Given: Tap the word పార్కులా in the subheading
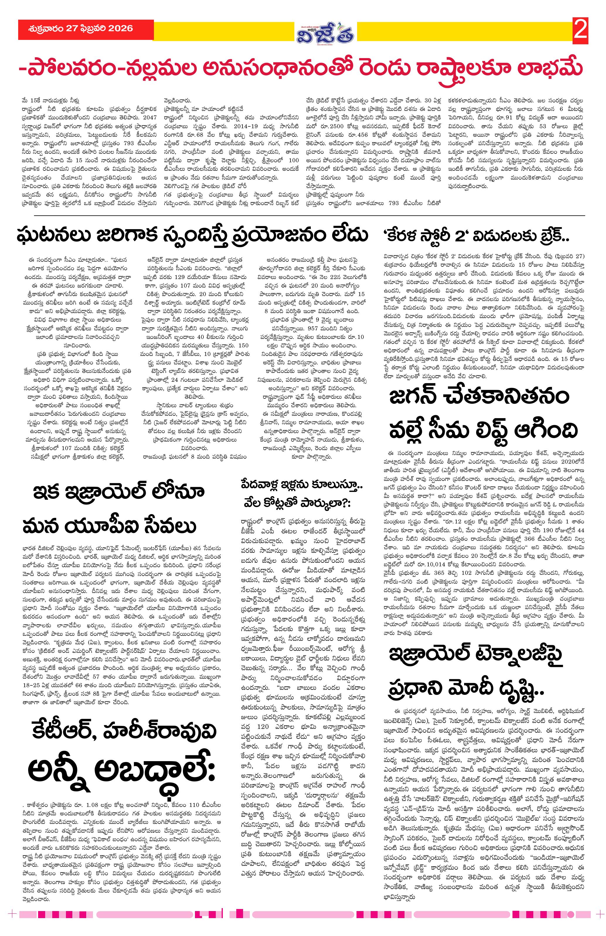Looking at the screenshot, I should [324, 504].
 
